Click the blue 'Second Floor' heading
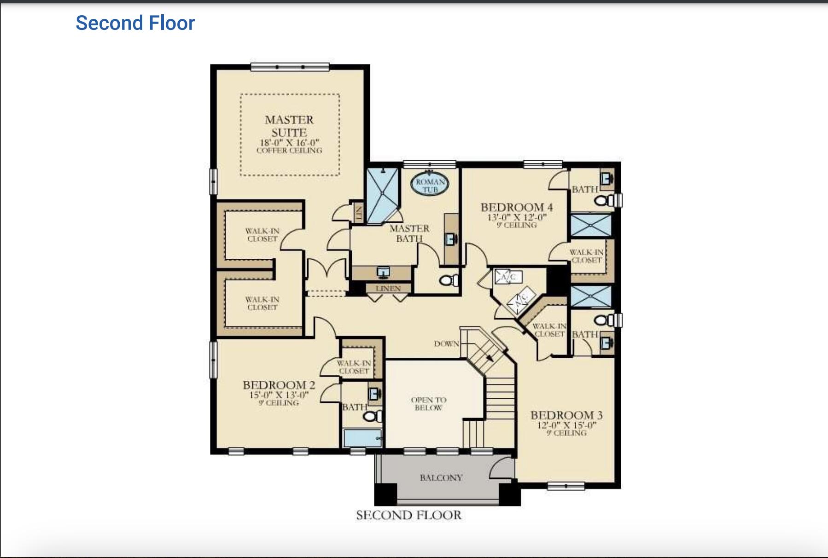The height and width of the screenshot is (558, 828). tap(135, 23)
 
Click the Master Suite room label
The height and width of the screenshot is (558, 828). tap(289, 126)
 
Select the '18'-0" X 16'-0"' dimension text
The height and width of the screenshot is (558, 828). tap(289, 143)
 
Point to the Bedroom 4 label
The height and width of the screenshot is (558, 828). tap(517, 207)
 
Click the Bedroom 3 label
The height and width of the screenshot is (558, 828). tap(566, 415)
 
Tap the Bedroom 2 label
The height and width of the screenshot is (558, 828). tap(279, 385)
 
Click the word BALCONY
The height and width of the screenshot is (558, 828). tap(441, 478)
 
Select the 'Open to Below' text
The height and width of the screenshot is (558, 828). tap(428, 404)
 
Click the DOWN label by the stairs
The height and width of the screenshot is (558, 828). tap(446, 344)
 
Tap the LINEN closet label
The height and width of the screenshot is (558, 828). tap(388, 289)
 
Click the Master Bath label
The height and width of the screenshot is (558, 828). tap(409, 233)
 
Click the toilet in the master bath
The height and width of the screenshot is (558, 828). tap(449, 279)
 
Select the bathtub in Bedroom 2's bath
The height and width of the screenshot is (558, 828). tap(362, 438)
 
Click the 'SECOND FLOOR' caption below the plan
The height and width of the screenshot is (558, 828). tap(408, 515)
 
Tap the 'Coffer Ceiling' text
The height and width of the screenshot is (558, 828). tap(289, 151)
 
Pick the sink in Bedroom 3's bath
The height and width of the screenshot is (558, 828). tap(606, 342)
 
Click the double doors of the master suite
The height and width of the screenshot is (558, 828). tap(327, 269)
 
